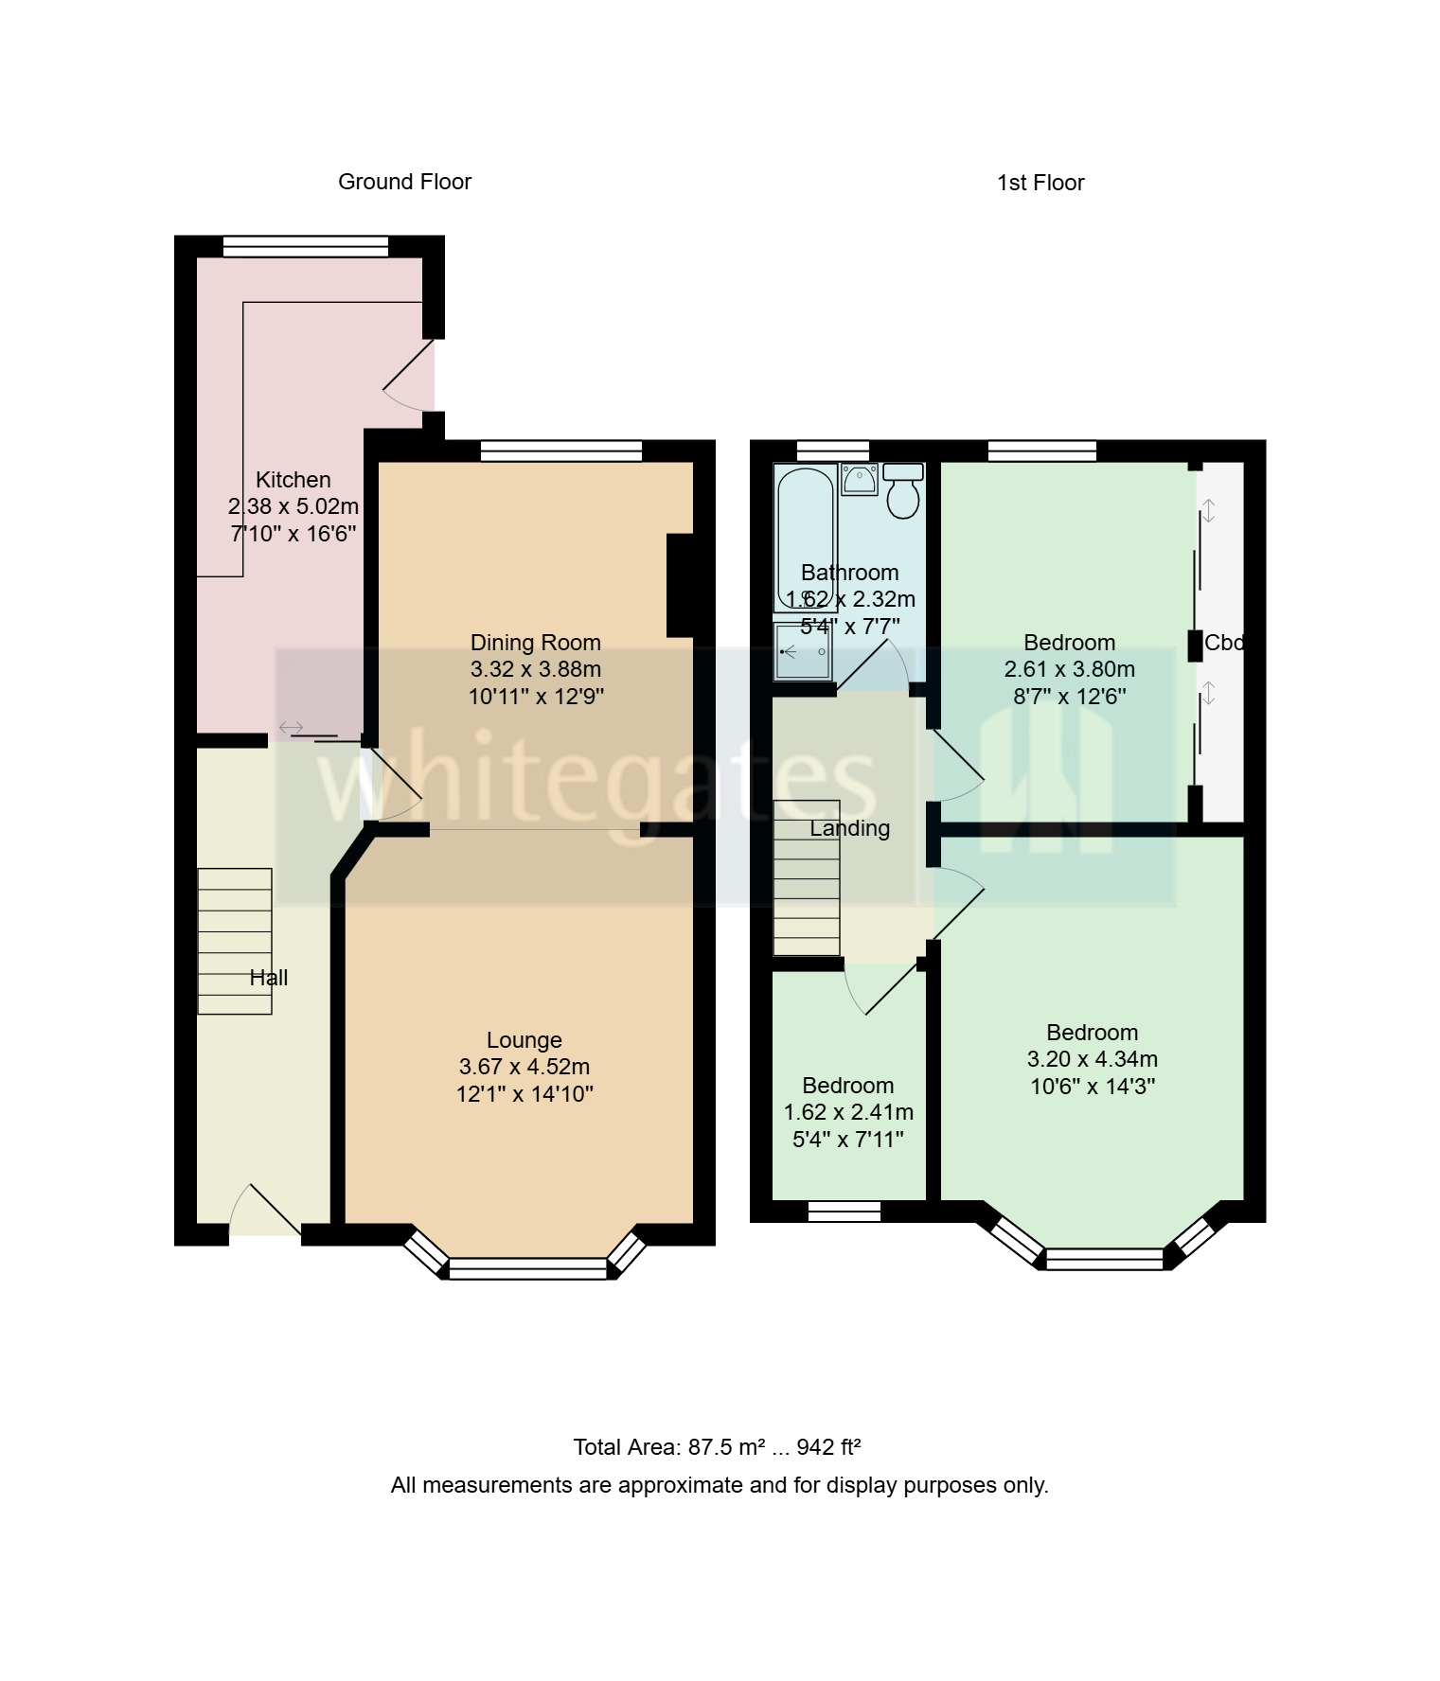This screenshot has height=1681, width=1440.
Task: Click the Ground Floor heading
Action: (404, 182)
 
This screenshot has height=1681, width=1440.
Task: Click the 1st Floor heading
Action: (1040, 183)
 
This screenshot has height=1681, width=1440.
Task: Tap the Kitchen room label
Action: (293, 479)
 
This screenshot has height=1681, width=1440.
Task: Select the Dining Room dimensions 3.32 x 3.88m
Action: (536, 669)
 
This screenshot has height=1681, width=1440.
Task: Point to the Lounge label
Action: (524, 1040)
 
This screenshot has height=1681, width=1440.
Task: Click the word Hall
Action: (269, 978)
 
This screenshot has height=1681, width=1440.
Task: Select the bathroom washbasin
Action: (860, 479)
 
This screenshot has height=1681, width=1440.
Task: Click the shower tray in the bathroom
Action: (803, 652)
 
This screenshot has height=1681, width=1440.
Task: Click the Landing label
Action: (850, 828)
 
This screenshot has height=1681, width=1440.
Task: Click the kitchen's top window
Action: (306, 246)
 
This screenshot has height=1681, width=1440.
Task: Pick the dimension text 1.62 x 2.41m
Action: (848, 1112)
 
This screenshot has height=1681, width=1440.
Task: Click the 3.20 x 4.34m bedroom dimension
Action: (1092, 1059)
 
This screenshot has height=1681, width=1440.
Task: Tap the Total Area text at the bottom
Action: (717, 1447)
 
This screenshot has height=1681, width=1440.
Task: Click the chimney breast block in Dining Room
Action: (681, 586)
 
